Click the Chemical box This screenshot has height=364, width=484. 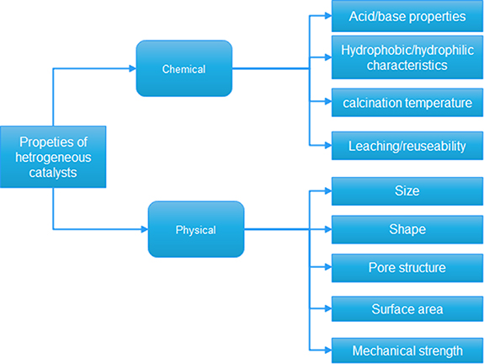click(x=183, y=68)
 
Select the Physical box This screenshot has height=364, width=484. click(x=195, y=229)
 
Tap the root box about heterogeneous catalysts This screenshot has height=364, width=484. click(x=53, y=157)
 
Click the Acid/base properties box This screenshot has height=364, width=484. click(x=407, y=16)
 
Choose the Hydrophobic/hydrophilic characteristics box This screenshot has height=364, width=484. click(x=407, y=57)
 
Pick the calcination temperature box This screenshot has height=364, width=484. click(x=407, y=103)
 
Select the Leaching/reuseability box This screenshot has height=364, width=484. click(x=407, y=146)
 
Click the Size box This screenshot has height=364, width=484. click(x=407, y=191)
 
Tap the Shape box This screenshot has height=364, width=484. click(x=407, y=229)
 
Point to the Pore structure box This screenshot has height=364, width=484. click(x=407, y=268)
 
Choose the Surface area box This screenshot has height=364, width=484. click(x=407, y=309)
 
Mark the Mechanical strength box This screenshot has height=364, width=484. click(x=407, y=349)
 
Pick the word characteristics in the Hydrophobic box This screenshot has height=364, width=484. click(x=407, y=65)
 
